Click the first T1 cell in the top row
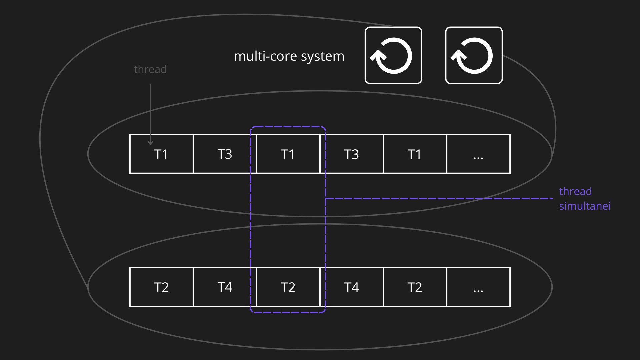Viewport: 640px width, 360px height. [x=161, y=154]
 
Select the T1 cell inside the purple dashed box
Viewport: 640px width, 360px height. [x=288, y=154]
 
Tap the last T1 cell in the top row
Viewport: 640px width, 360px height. [x=415, y=154]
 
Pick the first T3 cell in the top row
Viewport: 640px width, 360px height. [x=225, y=154]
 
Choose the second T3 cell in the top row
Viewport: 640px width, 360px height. [x=351, y=154]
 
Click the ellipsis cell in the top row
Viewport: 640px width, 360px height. [x=478, y=154]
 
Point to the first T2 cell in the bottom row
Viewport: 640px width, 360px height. [x=161, y=287]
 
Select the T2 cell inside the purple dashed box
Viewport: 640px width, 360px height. [x=288, y=287]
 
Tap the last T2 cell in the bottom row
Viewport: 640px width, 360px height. [x=415, y=287]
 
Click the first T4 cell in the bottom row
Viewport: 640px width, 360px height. [x=225, y=287]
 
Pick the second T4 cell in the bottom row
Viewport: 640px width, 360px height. [x=351, y=287]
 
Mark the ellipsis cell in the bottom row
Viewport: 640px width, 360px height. [x=478, y=287]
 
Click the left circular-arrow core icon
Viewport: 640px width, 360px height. [x=393, y=55]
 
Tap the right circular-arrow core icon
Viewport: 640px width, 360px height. [x=474, y=55]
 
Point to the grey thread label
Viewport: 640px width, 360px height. [x=150, y=69]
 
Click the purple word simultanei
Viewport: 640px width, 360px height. [x=585, y=206]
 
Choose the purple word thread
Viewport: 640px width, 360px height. [x=575, y=191]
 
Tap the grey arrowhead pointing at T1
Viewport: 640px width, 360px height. [x=150, y=143]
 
